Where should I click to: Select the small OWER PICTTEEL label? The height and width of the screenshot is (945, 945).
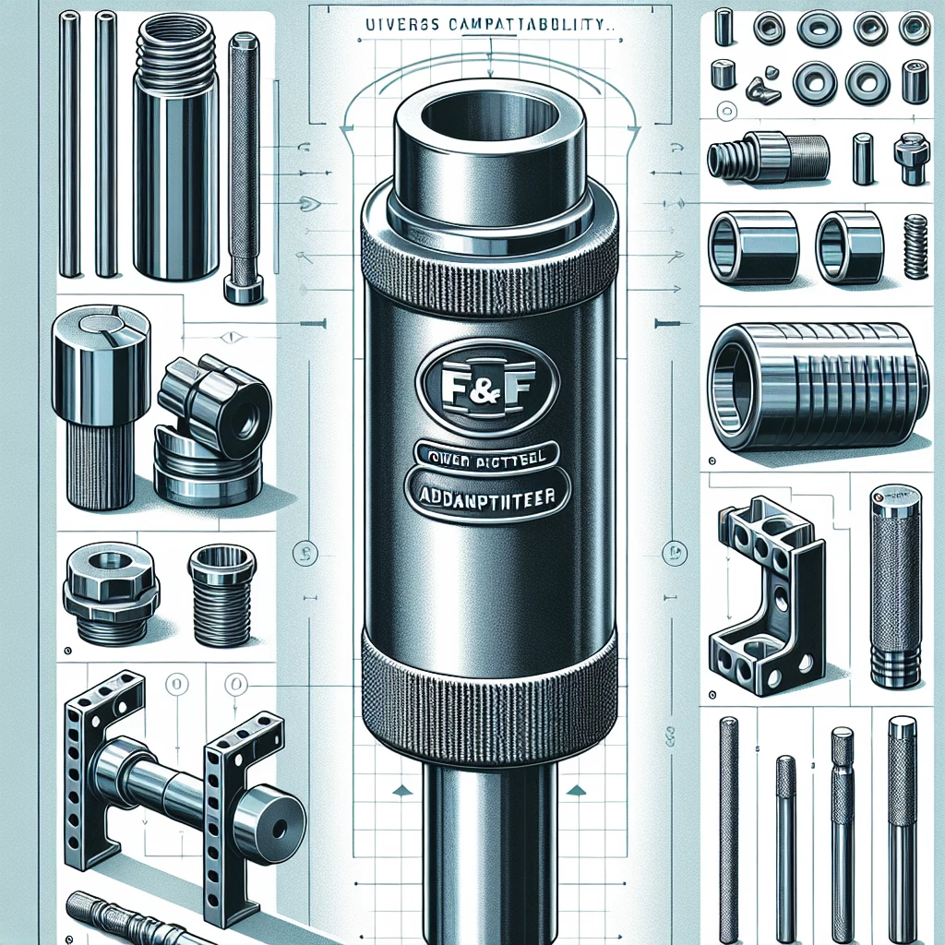[486, 455]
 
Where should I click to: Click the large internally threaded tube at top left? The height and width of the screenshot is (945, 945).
[176, 152]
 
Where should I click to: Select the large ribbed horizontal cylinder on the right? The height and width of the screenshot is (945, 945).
[817, 386]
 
